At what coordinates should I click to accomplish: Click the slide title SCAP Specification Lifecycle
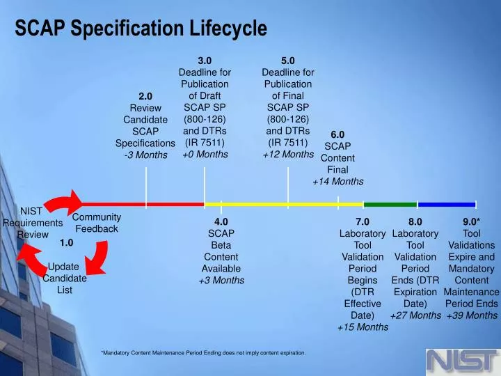point(141,29)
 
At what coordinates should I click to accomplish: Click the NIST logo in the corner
point(461,361)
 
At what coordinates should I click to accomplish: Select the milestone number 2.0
point(145,96)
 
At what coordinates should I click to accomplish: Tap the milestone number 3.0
point(205,60)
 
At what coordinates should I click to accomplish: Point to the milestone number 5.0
point(288,60)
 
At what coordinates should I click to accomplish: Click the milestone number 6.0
point(337,134)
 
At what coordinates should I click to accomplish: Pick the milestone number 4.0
point(221,221)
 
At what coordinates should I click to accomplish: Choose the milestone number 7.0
point(363,221)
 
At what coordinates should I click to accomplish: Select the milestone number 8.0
point(415,221)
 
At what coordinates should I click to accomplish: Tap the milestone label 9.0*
point(472,221)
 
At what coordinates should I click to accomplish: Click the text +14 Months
point(337,182)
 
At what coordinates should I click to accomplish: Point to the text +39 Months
point(472,315)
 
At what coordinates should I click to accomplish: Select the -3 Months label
point(145,155)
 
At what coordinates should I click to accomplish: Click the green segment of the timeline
point(390,205)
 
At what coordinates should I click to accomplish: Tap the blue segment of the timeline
point(446,205)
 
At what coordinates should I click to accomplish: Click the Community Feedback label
point(97,223)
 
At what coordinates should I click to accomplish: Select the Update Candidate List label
point(64,278)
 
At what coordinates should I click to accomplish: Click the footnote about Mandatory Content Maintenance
point(203,353)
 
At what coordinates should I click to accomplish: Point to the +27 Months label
point(415,315)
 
